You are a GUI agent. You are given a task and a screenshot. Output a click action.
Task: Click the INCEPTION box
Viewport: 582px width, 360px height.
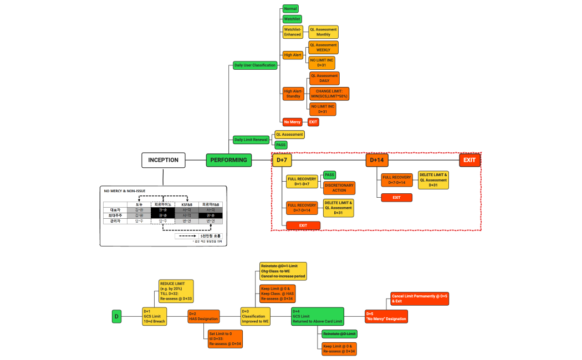163,160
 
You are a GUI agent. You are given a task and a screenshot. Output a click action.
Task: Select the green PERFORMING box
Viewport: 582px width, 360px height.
229,160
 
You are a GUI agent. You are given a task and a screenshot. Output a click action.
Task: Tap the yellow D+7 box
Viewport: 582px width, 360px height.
282,160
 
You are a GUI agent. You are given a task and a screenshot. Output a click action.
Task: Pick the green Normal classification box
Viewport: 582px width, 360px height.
290,9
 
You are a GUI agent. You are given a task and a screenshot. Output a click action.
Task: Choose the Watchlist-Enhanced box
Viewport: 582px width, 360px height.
293,32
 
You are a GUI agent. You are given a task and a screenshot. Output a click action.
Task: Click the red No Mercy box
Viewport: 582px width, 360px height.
292,121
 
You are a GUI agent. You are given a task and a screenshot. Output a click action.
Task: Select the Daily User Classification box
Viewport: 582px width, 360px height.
254,65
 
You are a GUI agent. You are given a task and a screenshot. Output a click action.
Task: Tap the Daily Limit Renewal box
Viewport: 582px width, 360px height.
251,140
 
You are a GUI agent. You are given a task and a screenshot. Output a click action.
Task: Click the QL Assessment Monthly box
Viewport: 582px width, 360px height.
323,32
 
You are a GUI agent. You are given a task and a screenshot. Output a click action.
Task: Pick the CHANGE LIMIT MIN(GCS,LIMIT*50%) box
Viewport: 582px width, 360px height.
329,93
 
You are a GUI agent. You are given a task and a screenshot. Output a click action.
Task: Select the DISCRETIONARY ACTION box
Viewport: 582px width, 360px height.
339,187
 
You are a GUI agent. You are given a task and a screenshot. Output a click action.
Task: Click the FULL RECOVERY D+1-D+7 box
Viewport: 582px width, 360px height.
302,182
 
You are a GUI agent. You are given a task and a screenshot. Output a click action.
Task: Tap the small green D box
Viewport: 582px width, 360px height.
116,316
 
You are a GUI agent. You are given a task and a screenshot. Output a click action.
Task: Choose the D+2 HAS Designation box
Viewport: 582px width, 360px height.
203,316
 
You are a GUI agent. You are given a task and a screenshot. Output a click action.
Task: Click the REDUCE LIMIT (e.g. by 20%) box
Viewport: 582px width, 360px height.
176,291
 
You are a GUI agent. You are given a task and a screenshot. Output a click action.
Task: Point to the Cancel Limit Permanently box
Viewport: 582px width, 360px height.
420,299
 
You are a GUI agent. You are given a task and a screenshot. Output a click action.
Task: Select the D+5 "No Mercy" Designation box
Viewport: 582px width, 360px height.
386,316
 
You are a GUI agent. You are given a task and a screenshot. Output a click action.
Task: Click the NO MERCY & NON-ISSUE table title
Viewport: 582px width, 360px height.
125,191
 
